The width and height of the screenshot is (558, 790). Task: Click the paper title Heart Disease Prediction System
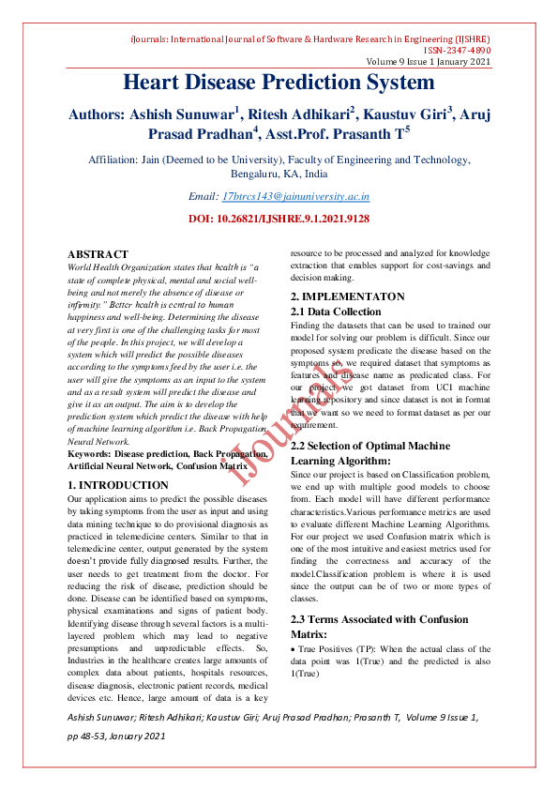[279, 83]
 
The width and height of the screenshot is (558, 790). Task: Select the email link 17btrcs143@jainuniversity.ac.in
[295, 197]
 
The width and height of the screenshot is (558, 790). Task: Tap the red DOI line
[279, 219]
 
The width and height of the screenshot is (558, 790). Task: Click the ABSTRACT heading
[98, 254]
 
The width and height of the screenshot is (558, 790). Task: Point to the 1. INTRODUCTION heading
[118, 485]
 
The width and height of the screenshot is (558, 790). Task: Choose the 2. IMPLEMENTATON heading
[347, 296]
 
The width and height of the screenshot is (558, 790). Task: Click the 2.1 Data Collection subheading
[336, 311]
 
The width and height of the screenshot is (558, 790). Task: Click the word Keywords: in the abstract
[89, 453]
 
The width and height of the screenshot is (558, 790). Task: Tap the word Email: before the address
[203, 197]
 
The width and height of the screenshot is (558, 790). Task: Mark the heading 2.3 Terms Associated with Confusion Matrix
[378, 621]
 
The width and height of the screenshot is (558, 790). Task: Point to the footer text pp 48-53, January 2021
[115, 737]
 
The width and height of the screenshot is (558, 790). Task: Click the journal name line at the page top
[309, 39]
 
